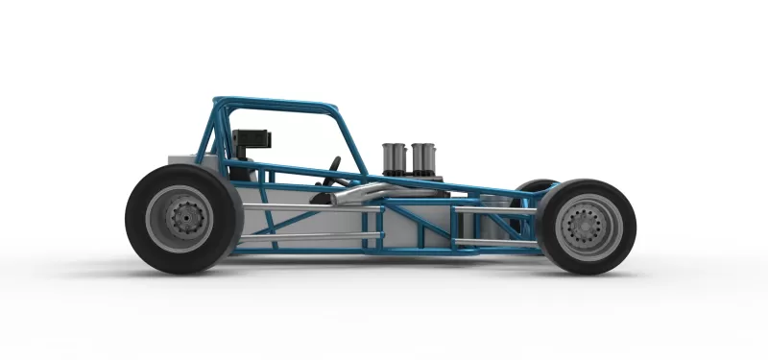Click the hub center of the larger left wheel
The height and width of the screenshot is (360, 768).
181,219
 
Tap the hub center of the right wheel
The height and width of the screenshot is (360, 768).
585,227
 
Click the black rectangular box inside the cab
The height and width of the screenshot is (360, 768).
252,140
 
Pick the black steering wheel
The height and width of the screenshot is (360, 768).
334,171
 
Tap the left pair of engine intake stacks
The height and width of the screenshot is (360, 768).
395,157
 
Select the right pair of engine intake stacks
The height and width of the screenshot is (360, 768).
423,157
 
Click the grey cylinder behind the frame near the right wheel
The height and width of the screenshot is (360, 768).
493,225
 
